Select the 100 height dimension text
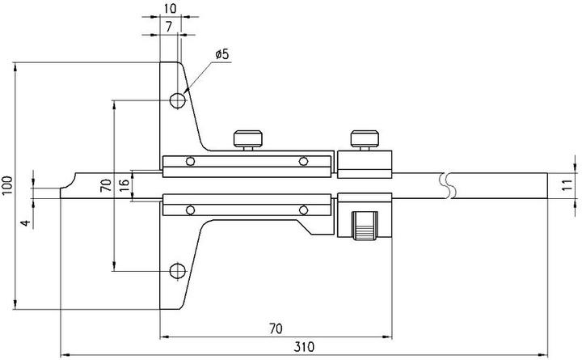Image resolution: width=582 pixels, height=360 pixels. pos(7,185)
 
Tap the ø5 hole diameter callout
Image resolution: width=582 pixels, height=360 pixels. pos(222,54)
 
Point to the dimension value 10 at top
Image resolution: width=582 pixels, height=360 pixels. pos(170,7)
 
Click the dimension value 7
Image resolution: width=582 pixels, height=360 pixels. pos(167,28)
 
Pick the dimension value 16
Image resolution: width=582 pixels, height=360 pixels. pos(124,185)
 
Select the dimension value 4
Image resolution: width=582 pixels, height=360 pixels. pos(25,222)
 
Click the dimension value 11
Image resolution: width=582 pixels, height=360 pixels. pos(567,185)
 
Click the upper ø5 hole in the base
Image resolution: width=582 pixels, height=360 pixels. pos(178,100)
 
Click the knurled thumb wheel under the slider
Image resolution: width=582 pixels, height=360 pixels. pos(365,225)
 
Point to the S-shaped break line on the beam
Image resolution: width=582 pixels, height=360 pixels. pos(449,185)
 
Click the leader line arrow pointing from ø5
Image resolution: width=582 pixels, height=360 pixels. pos(188,91)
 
